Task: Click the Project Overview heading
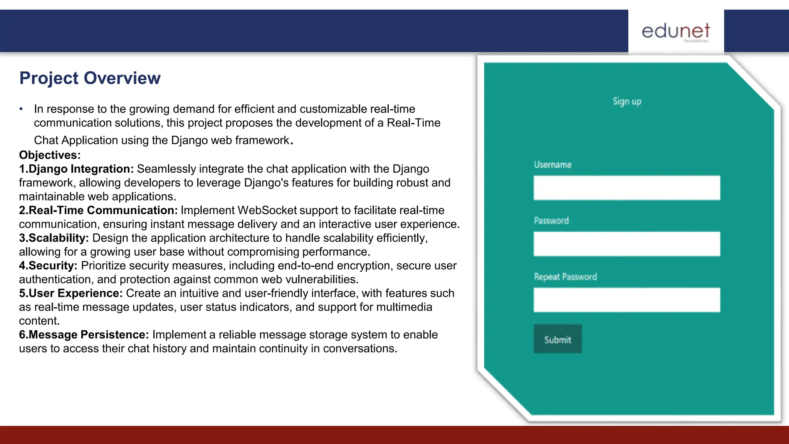90,78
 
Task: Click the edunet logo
676,32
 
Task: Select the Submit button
557,339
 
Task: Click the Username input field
626,188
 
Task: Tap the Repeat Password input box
626,300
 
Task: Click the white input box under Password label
626,244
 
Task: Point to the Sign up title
627,101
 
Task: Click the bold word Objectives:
50,155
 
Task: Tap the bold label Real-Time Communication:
98,210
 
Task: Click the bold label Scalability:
54,238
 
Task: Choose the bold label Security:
48,266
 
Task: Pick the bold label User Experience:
71,293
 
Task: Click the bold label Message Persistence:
84,335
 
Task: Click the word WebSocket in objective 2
267,210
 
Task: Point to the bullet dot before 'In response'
21,109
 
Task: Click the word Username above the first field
552,165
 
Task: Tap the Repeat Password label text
565,277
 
